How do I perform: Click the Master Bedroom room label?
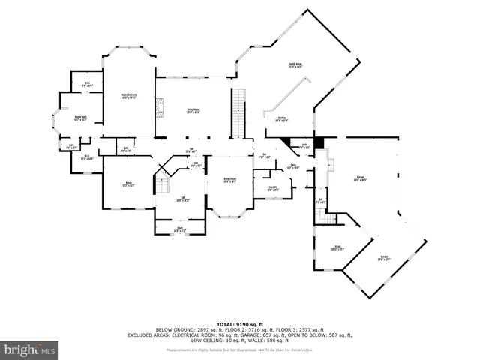[x=128, y=95]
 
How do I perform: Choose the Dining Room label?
[x=229, y=180]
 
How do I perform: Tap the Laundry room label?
[x=273, y=188]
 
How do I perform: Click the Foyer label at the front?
[x=180, y=229]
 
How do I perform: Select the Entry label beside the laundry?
[x=294, y=166]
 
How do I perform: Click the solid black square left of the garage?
[x=319, y=141]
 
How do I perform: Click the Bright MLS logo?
[x=29, y=349]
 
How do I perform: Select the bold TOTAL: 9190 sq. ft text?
[x=239, y=324]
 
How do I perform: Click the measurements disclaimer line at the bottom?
[x=239, y=349]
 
